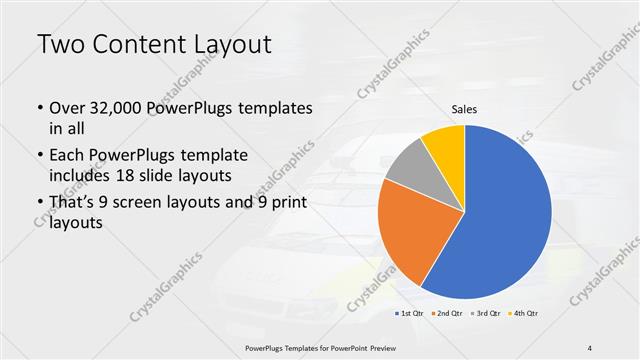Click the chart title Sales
pos(464,108)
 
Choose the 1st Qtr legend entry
pos(410,315)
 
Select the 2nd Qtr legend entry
pos(446,315)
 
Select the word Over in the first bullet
pos(67,108)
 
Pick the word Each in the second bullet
pos(67,156)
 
